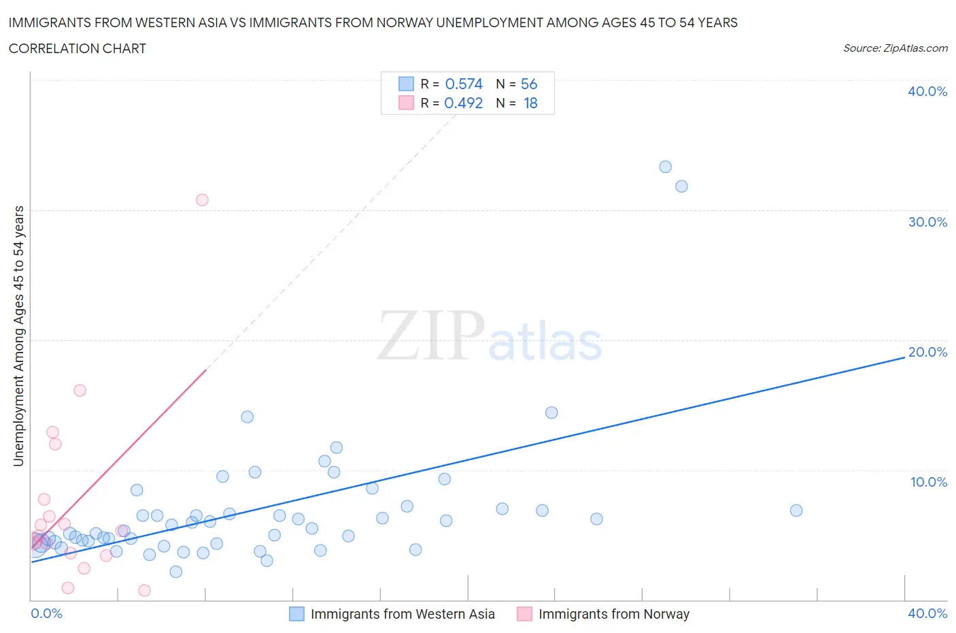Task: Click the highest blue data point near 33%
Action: click(665, 167)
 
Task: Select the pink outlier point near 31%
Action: click(202, 200)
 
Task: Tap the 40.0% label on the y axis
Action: click(927, 91)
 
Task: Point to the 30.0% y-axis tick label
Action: click(927, 222)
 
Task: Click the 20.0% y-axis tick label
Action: click(927, 352)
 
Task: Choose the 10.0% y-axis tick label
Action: click(928, 482)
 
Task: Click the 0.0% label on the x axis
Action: click(46, 613)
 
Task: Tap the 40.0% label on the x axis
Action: click(927, 613)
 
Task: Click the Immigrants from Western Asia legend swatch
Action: click(296, 614)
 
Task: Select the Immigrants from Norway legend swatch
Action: click(524, 614)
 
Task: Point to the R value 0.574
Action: click(464, 84)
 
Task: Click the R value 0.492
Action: click(463, 103)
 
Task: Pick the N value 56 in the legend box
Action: click(529, 84)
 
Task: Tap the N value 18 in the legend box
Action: click(530, 103)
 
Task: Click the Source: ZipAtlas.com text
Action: click(895, 48)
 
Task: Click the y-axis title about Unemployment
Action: click(18, 336)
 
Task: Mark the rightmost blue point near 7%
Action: click(796, 510)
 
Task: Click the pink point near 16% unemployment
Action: click(80, 391)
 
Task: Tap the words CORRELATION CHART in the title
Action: click(78, 48)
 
